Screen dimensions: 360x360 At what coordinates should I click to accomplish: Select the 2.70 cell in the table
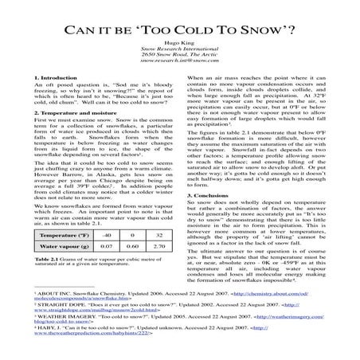[x=159, y=271]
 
